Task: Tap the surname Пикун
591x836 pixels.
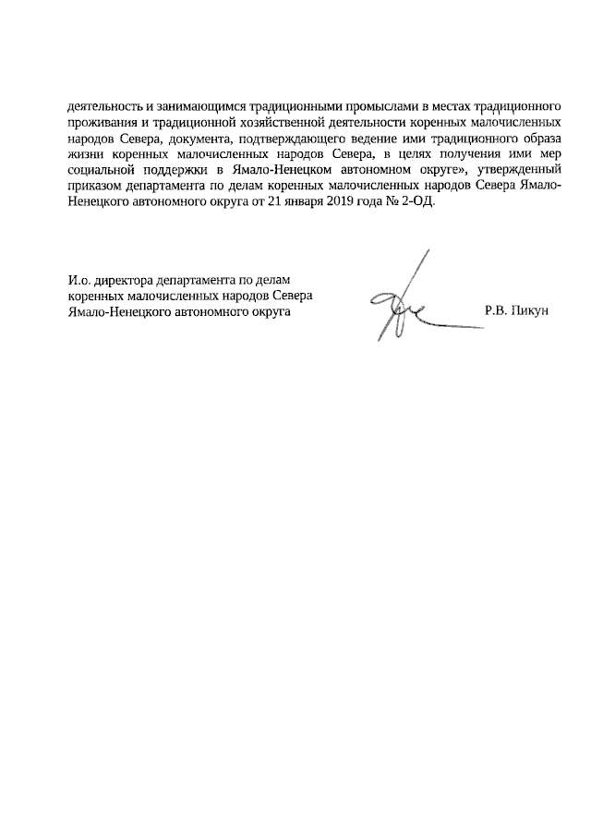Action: (x=530, y=311)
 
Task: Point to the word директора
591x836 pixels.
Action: (x=125, y=280)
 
